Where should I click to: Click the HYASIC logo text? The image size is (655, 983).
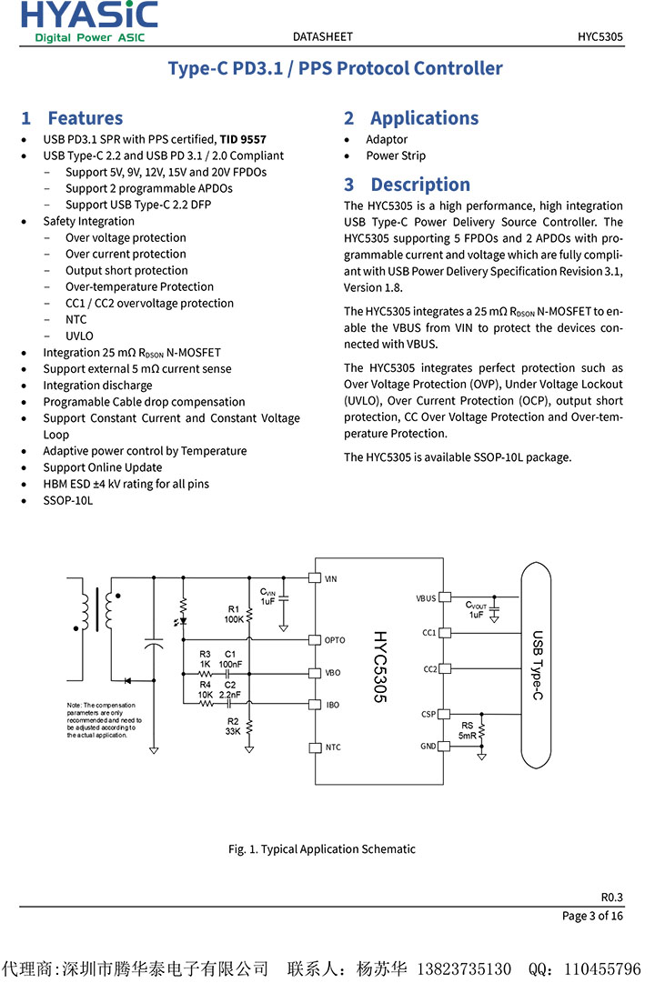tap(89, 15)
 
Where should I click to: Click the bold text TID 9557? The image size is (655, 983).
tap(243, 139)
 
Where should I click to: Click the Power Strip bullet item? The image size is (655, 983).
tap(396, 155)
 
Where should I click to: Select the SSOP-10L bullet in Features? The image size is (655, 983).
tap(67, 500)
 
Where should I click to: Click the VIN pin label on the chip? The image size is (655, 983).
tap(331, 578)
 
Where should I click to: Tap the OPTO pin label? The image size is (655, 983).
tap(335, 640)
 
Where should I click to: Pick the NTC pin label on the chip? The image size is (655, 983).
tap(333, 747)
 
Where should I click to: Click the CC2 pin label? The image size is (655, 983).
tap(429, 669)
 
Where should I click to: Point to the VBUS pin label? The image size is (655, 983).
tap(426, 598)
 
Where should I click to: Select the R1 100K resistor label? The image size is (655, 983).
tap(234, 614)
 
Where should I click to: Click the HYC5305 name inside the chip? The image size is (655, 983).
tap(379, 667)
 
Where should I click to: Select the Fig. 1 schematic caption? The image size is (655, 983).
tap(321, 849)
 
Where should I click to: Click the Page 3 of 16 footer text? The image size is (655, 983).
tap(592, 916)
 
